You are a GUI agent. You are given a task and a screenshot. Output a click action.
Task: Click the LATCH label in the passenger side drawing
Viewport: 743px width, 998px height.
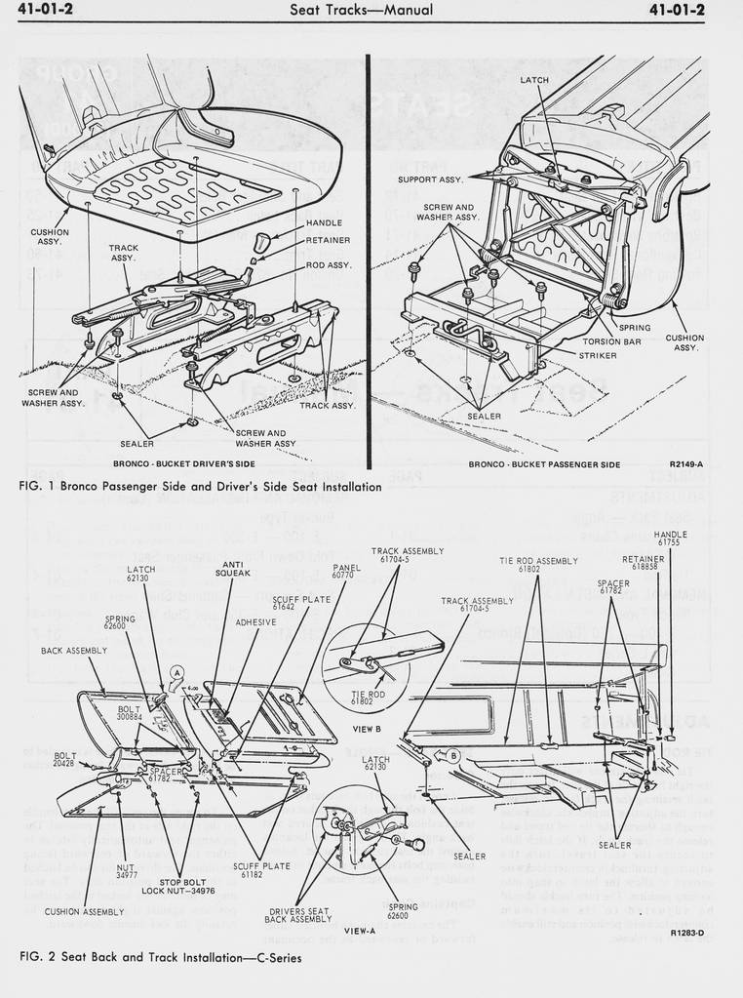(x=534, y=80)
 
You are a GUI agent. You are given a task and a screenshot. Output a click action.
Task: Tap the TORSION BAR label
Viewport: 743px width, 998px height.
(x=611, y=341)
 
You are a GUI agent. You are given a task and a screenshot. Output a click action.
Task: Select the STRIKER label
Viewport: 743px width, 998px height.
(x=598, y=355)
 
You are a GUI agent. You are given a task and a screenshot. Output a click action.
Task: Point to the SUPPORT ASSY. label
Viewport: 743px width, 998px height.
(x=430, y=180)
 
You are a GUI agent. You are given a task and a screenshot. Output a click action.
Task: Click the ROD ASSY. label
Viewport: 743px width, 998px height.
(x=329, y=264)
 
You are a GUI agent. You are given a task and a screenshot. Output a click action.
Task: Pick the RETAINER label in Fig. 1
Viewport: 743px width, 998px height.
(x=328, y=239)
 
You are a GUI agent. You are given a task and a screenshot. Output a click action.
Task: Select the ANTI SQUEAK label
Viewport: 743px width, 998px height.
(x=233, y=568)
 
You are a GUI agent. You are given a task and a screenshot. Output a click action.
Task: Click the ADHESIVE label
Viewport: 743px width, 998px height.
(x=255, y=621)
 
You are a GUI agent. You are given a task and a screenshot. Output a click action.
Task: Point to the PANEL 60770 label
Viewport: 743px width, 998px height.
(x=346, y=572)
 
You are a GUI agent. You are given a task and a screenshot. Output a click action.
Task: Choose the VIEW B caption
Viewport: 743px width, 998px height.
(x=366, y=729)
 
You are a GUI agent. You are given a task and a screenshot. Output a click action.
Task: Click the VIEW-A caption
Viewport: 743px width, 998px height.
(x=360, y=931)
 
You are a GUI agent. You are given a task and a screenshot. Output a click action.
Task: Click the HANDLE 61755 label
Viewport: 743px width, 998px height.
(x=670, y=538)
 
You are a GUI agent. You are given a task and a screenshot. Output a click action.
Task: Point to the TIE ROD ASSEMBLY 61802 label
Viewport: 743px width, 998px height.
(x=538, y=564)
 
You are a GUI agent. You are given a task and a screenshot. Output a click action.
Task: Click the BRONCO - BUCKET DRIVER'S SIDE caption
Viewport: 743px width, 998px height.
(x=184, y=463)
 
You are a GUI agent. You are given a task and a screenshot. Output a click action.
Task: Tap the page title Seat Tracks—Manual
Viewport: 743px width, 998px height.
(x=362, y=11)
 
